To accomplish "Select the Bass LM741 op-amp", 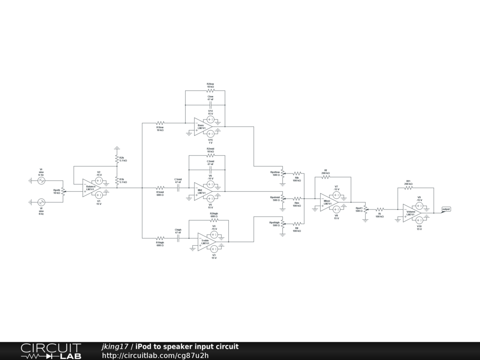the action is click(202, 126).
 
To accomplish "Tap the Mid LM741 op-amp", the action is click(202, 191).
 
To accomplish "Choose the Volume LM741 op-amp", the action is click(411, 213).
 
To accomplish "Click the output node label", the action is click(446, 209).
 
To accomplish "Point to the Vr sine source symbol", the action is click(41, 180).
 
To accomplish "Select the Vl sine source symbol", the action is click(41, 202).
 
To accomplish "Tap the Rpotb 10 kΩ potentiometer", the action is click(63, 191).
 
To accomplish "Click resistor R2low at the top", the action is click(210, 90).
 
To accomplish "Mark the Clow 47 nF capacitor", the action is click(210, 105).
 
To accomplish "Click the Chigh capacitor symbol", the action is click(178, 238).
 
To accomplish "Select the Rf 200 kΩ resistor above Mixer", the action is click(326, 177).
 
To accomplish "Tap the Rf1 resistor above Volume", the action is click(408, 187).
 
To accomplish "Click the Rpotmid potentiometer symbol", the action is click(282, 198).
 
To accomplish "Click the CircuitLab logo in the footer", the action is click(51, 351).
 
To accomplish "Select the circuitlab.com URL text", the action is click(155, 355).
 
